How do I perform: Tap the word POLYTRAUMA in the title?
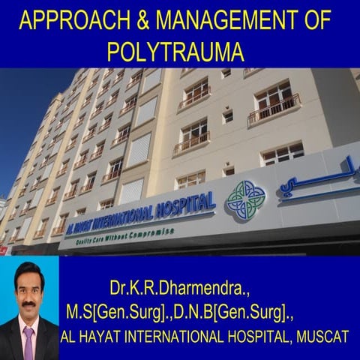[x=175, y=50]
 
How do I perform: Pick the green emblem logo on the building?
[x=245, y=199]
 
